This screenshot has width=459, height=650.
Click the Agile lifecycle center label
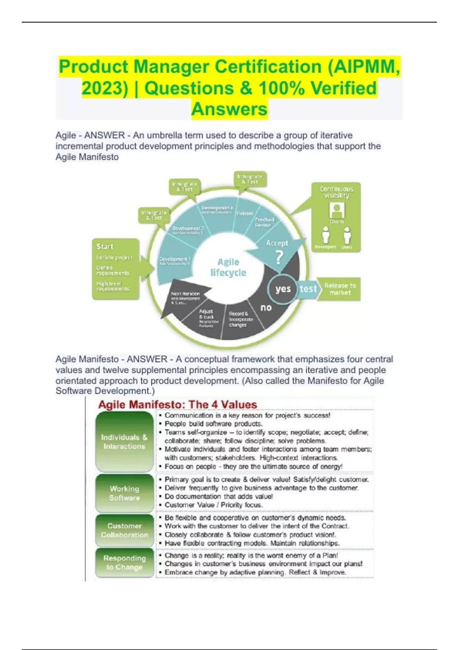[228, 267]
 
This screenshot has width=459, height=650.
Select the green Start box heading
[105, 247]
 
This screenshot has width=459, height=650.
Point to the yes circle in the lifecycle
[283, 289]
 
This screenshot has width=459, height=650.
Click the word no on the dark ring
[266, 307]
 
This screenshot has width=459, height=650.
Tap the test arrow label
[308, 289]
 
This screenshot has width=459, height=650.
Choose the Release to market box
[340, 289]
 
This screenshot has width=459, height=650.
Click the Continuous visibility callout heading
[337, 192]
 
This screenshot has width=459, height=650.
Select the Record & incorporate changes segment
[241, 319]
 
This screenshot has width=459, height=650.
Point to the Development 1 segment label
[174, 261]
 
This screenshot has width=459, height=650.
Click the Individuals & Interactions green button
[124, 442]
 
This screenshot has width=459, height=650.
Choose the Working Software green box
[124, 493]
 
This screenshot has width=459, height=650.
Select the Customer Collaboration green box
[124, 530]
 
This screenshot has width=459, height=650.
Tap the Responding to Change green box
[124, 563]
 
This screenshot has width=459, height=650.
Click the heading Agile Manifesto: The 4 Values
[177, 405]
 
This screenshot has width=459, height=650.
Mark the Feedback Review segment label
[265, 222]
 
